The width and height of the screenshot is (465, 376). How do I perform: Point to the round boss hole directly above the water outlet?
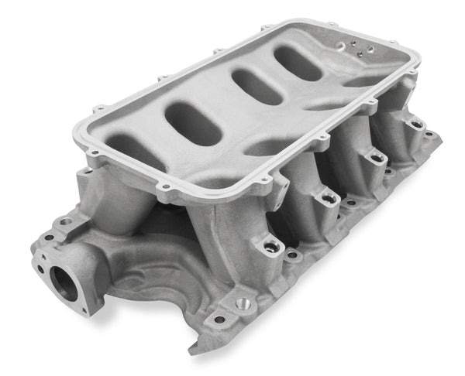[67, 221]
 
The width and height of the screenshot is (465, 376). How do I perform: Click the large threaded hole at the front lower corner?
[242, 303]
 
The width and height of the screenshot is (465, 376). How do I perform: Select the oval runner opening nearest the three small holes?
[298, 61]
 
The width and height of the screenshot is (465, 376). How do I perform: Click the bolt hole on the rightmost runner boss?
[416, 124]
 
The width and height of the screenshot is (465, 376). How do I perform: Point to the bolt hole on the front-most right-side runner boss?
[272, 247]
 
